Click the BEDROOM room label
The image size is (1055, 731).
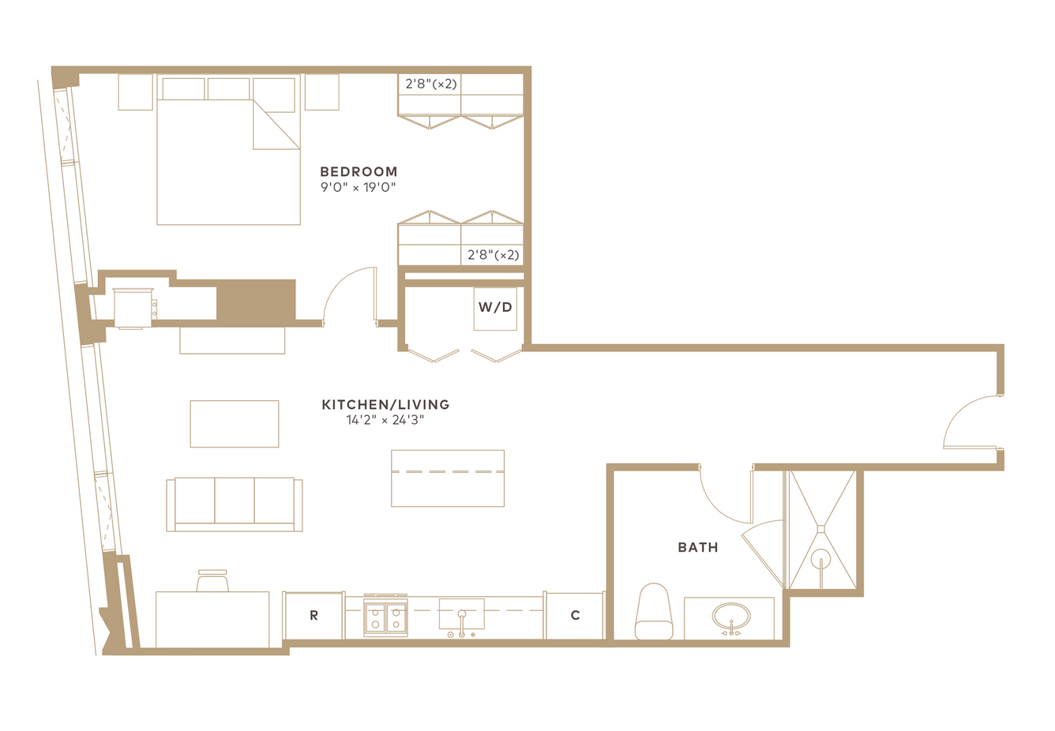pyautogui.click(x=359, y=172)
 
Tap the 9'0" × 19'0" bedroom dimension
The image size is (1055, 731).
pyautogui.click(x=358, y=187)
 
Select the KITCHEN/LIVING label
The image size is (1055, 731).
pyautogui.click(x=385, y=404)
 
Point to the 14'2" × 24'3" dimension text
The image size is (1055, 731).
pyautogui.click(x=385, y=420)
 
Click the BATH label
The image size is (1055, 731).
pyautogui.click(x=698, y=547)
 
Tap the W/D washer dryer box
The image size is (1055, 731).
pyautogui.click(x=495, y=309)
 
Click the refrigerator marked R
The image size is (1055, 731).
pyautogui.click(x=313, y=615)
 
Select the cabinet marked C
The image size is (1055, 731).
pyautogui.click(x=575, y=615)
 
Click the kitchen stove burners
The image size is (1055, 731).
pyautogui.click(x=385, y=618)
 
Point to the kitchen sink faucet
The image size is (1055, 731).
pyautogui.click(x=462, y=622)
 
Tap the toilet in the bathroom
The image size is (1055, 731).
pyautogui.click(x=654, y=612)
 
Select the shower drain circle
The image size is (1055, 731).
pyautogui.click(x=821, y=559)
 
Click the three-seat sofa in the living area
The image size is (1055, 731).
pyautogui.click(x=235, y=504)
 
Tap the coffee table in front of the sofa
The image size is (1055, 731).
pyautogui.click(x=235, y=424)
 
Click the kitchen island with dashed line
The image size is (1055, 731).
pyautogui.click(x=448, y=478)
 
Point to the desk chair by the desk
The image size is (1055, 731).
pyautogui.click(x=212, y=580)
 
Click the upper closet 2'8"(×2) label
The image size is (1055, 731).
pyautogui.click(x=431, y=84)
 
